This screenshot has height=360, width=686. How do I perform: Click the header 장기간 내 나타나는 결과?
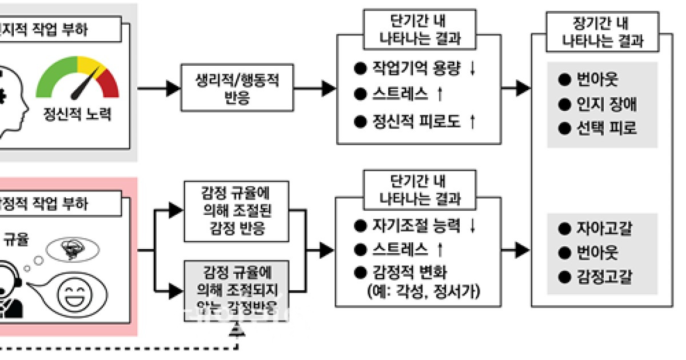tap(603, 33)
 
